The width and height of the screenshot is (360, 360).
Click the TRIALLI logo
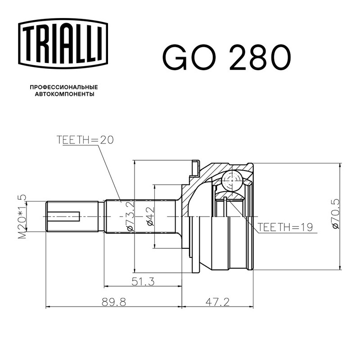63,43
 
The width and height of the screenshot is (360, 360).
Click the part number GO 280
227,58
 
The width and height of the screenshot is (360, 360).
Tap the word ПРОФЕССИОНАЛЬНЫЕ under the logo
64,87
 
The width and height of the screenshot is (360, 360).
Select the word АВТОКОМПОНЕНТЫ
64,94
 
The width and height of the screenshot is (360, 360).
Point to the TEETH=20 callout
85,140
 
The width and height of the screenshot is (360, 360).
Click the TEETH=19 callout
285,227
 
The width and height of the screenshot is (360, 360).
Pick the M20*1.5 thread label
22,217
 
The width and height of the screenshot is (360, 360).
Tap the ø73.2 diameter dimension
130,216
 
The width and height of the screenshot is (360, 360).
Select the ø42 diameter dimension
151,216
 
